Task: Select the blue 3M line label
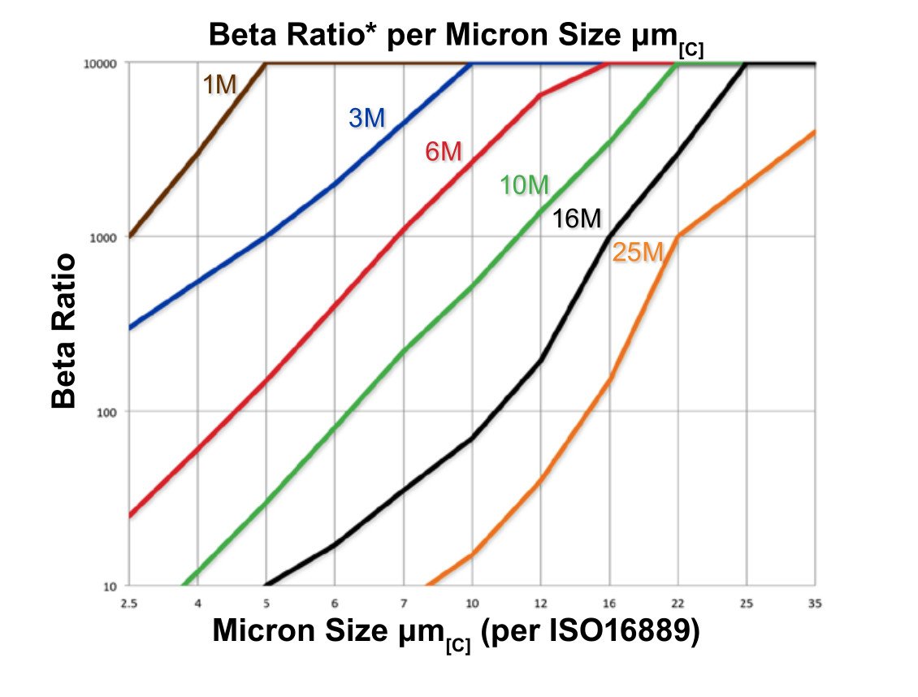point(366,119)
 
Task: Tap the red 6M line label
point(444,151)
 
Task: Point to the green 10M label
point(524,186)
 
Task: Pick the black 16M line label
point(577,219)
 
